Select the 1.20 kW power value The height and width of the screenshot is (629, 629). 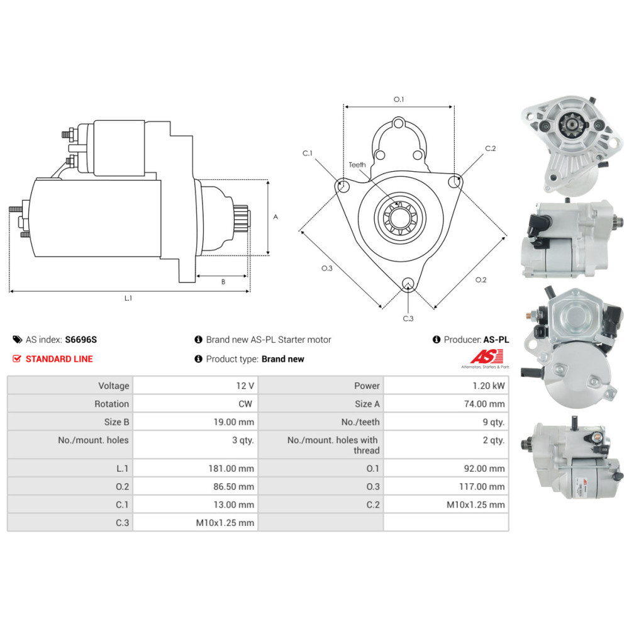[487, 386]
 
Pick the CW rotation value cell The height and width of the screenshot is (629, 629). [245, 404]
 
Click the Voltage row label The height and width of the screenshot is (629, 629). [113, 386]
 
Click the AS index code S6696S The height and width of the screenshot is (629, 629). [81, 340]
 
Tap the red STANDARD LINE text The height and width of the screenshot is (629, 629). [59, 359]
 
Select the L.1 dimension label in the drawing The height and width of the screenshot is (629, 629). [128, 298]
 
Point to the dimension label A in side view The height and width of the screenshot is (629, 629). [276, 216]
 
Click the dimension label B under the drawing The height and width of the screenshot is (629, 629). [223, 282]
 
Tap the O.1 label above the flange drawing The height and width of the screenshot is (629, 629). [398, 99]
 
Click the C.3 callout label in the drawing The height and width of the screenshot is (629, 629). [408, 318]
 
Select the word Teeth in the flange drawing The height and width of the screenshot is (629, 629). [357, 165]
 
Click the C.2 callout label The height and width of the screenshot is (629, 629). [491, 148]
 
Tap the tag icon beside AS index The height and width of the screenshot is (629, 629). [17, 340]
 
